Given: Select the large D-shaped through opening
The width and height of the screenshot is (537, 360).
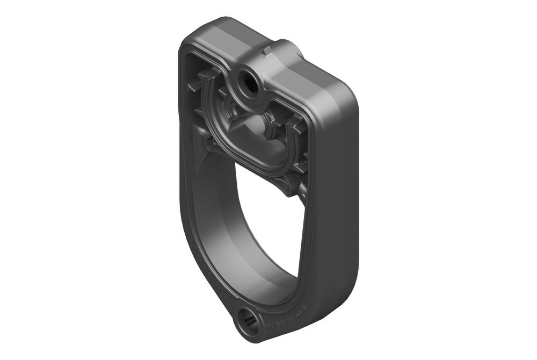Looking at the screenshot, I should [268, 226].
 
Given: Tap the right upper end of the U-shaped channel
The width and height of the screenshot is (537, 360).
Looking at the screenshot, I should [295, 134].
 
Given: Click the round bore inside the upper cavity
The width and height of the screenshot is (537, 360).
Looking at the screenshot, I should [256, 126].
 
